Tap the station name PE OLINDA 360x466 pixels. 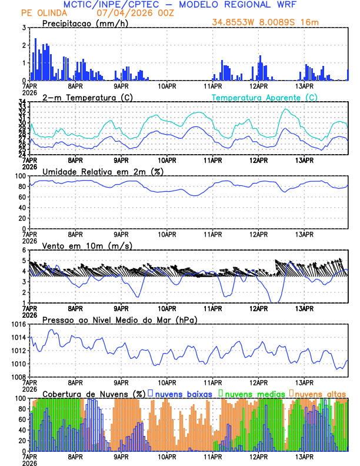tap(43, 13)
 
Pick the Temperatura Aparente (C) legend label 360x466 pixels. tap(265, 97)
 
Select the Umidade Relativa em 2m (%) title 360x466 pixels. tap(102, 171)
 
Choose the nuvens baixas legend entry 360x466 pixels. tap(183, 394)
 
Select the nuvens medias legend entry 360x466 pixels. tap(254, 394)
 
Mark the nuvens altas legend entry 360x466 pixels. tap(321, 394)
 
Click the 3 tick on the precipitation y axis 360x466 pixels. tap(23, 28)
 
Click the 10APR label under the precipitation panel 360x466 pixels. tap(167, 85)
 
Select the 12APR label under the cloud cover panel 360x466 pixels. tap(259, 455)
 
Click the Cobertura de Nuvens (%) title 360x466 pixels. tap(94, 394)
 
